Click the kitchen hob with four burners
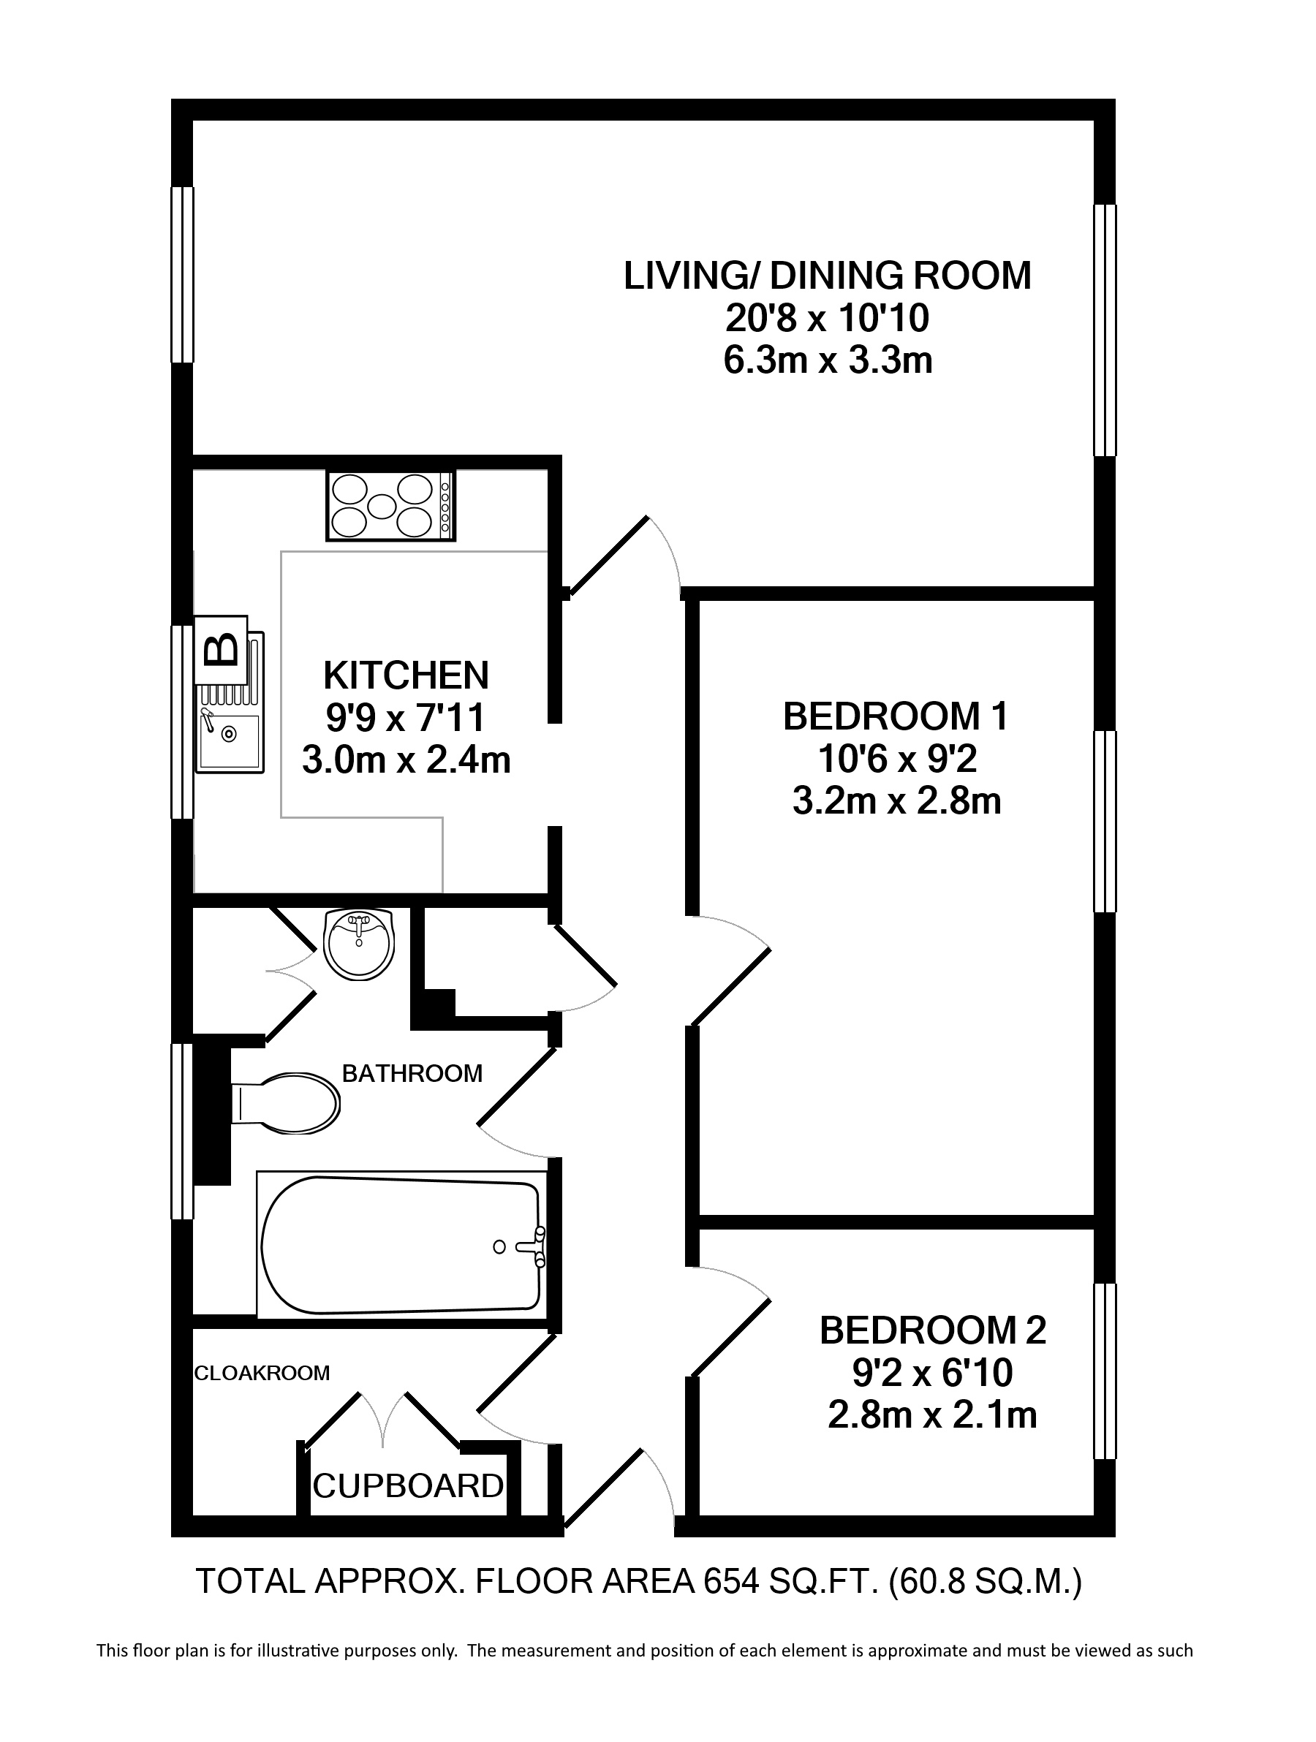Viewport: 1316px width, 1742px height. pos(390,505)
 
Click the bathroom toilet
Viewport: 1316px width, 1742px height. pos(285,1102)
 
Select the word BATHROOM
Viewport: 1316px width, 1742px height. pos(412,1072)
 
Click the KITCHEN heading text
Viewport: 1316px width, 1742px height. pos(406,675)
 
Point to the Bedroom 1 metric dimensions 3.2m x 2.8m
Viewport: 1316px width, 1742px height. pos(896,802)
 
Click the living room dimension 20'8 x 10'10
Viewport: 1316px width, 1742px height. pos(827,318)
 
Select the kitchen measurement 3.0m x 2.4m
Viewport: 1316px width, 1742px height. pos(406,761)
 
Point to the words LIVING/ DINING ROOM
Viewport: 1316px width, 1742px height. pos(828,276)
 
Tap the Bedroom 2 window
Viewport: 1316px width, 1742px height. pos(1105,1371)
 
